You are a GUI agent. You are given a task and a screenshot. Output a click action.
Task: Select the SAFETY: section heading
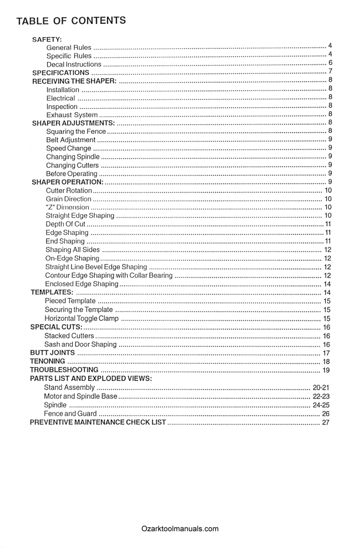(47, 39)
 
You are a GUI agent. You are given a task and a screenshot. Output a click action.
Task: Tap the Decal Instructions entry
(74, 64)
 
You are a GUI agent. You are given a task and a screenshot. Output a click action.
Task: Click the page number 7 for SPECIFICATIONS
(330, 72)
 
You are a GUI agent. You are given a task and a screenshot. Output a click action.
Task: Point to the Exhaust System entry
(72, 114)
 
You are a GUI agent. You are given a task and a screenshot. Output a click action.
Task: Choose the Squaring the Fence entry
(76, 131)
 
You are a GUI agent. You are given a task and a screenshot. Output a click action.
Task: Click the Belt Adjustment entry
(71, 140)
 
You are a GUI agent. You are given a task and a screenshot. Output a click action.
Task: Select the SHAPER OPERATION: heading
(68, 182)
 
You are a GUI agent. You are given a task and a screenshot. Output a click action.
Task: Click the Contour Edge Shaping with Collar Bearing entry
(109, 275)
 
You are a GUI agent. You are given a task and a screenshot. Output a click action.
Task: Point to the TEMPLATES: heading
(52, 292)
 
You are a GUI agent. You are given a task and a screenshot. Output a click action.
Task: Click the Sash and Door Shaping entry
(80, 344)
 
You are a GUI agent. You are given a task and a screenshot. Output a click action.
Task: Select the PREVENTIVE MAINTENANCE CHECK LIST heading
(98, 422)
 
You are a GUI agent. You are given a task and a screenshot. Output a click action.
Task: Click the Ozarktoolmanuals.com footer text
(180, 528)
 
